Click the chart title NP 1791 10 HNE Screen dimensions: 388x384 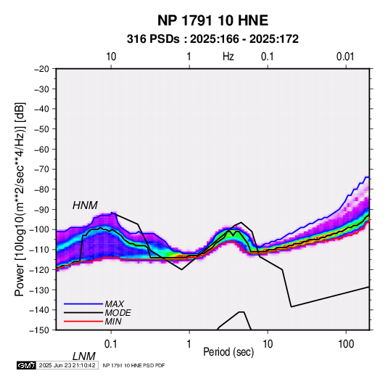coord(212,20)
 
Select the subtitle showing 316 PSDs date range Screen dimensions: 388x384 coord(212,39)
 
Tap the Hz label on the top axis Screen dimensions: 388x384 coord(228,57)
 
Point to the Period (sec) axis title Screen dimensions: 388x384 coord(228,352)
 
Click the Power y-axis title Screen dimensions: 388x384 coord(20,200)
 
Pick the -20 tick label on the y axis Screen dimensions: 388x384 coord(41,69)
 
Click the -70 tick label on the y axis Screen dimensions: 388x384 coord(41,169)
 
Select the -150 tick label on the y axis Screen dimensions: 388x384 coord(39,330)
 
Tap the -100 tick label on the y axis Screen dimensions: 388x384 coord(39,229)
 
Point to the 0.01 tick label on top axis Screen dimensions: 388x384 coord(345,57)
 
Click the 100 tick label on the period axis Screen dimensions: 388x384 coord(346,343)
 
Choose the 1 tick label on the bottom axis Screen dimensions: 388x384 coord(189,343)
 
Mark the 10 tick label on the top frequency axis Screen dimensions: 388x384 coord(111,57)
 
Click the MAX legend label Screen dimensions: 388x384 coord(115,304)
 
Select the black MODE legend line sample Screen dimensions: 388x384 coord(83,313)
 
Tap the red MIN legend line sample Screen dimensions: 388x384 coord(83,322)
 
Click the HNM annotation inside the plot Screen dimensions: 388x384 coord(85,205)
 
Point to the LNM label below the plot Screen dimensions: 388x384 coord(84,356)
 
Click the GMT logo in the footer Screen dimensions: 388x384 coord(27,365)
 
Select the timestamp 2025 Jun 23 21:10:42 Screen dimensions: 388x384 coord(67,365)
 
